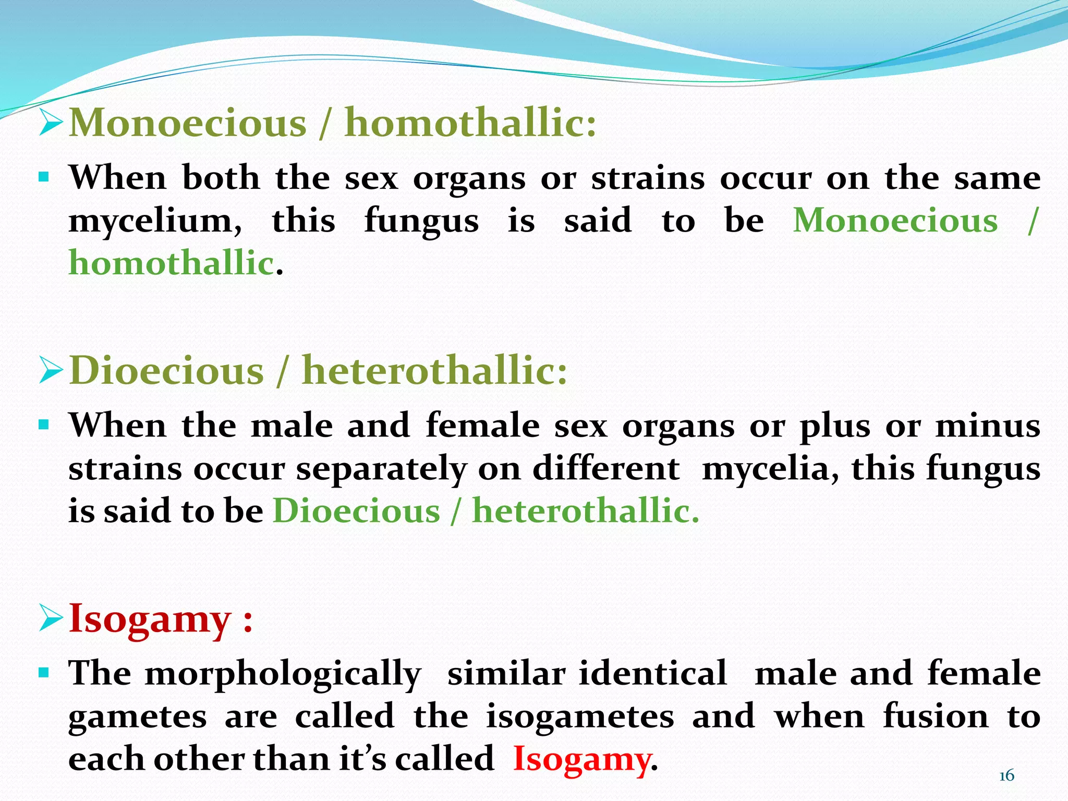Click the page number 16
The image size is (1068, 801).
tap(1006, 776)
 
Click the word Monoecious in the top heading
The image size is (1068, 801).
tap(188, 123)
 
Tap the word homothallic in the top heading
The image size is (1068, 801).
tap(470, 123)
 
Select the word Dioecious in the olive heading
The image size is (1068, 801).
tap(167, 371)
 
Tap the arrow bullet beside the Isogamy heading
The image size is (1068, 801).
tap(51, 619)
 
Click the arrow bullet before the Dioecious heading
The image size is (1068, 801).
tap(51, 371)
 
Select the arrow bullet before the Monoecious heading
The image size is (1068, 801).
tap(51, 123)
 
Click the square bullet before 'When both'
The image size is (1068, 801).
tap(44, 177)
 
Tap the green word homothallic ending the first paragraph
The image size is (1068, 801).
tap(172, 262)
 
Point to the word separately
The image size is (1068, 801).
tap(381, 469)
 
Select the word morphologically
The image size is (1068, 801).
tap(283, 674)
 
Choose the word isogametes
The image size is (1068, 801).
tap(580, 716)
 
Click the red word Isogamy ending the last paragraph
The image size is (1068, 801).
tap(582, 759)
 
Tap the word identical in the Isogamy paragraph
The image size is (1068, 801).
tap(653, 673)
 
